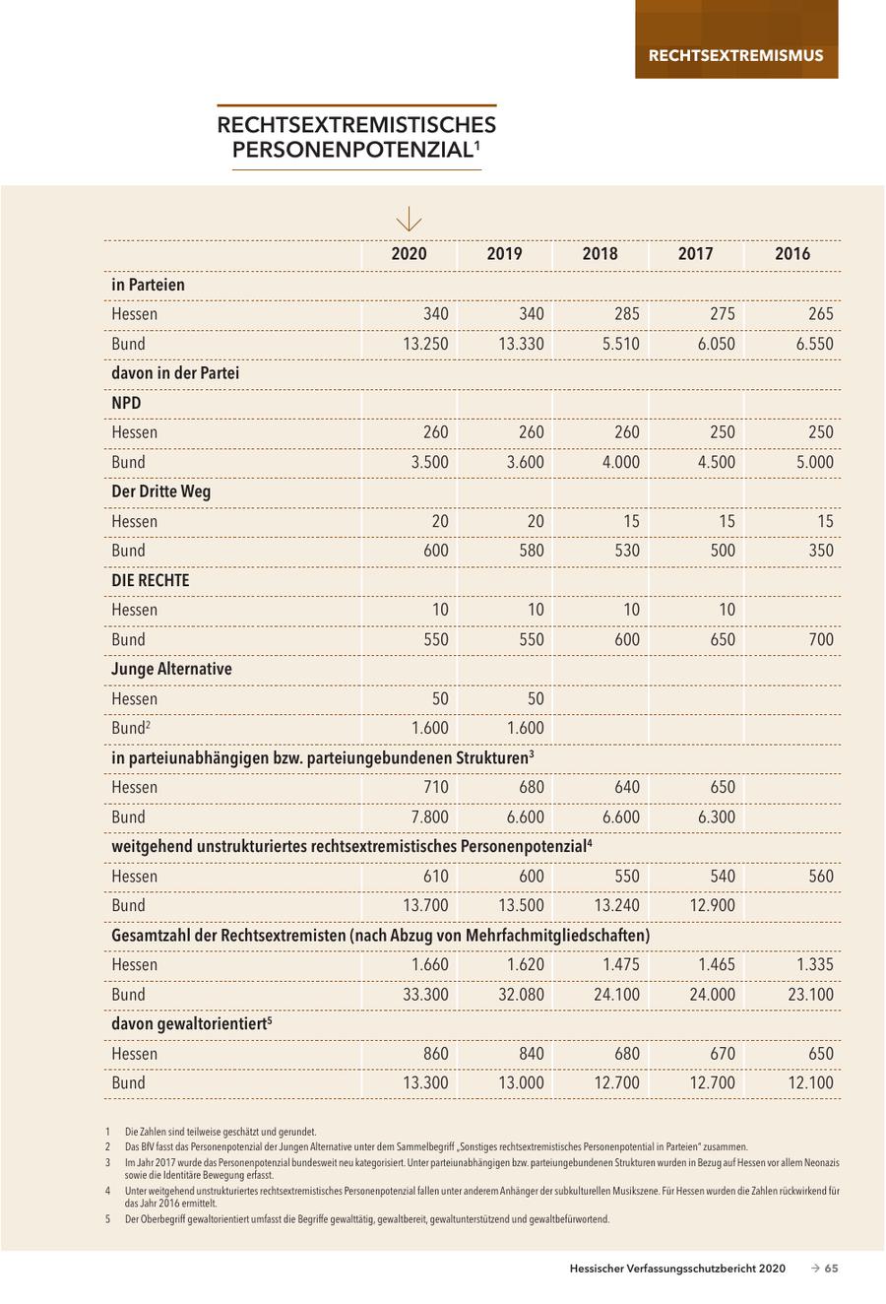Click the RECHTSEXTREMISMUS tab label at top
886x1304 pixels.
[x=735, y=55]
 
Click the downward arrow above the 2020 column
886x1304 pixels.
[x=408, y=220]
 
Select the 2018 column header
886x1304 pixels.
[x=600, y=254]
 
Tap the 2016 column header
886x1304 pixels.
[x=792, y=254]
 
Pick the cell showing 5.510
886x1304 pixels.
[x=620, y=344]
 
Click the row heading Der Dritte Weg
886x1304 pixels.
[x=161, y=491]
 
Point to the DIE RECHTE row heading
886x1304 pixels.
[x=150, y=580]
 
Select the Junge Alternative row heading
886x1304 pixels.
[x=171, y=669]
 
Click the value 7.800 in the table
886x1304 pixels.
[x=430, y=816]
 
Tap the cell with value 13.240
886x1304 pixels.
[x=616, y=905]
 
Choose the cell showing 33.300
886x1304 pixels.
[x=425, y=994]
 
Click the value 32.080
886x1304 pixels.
[x=521, y=994]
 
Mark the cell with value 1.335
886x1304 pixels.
[x=814, y=964]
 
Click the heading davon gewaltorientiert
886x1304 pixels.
[x=191, y=1024]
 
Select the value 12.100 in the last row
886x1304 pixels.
[x=810, y=1082]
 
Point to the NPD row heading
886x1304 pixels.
[x=127, y=403]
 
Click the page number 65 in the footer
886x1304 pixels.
[x=831, y=1269]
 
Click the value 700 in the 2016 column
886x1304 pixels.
[x=820, y=639]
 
